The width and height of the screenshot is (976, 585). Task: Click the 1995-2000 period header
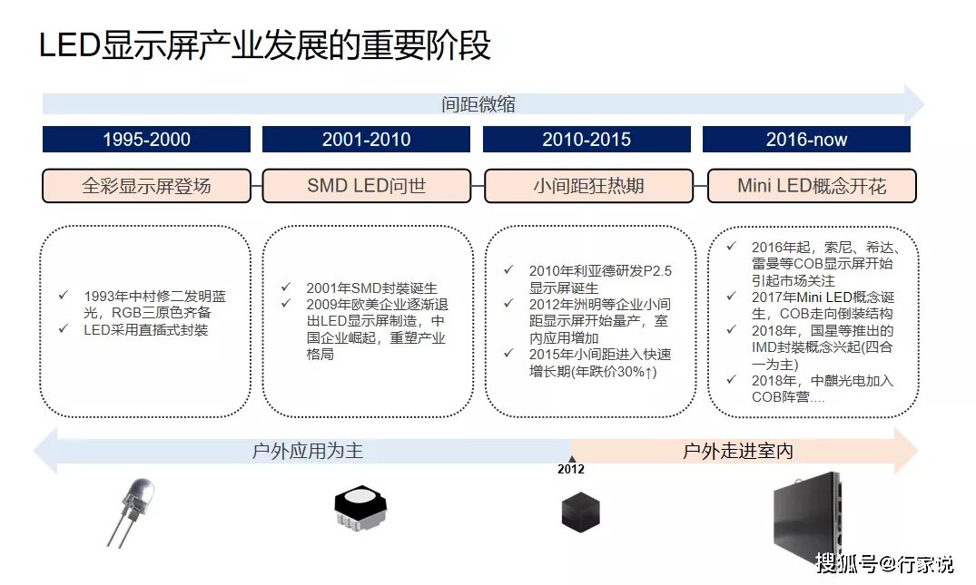[x=146, y=140]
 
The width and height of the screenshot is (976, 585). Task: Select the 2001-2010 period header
[x=366, y=140]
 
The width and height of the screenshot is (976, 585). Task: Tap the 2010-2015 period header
[x=587, y=140]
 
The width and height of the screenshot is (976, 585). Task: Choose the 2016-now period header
[x=806, y=140]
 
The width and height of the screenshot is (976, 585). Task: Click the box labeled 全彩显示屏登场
[x=146, y=186]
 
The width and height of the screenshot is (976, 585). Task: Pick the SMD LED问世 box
[x=367, y=186]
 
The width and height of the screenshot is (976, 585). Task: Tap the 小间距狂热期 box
[x=588, y=186]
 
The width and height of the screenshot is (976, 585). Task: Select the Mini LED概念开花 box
[x=812, y=186]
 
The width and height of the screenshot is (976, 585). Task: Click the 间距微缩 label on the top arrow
[x=478, y=103]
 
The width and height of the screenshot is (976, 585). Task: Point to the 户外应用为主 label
[x=308, y=451]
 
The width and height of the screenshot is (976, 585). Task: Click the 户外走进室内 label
[x=738, y=451]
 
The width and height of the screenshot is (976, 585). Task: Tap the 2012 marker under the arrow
[x=571, y=470]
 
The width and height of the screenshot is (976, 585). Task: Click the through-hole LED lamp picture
[x=131, y=512]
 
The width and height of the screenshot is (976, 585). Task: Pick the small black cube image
[x=581, y=512]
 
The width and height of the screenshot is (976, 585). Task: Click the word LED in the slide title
[x=70, y=45]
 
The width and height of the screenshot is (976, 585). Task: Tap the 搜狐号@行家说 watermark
[x=884, y=563]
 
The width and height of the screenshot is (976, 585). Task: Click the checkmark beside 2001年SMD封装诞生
[x=286, y=287]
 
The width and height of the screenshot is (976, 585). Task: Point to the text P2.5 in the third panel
[x=657, y=271]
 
